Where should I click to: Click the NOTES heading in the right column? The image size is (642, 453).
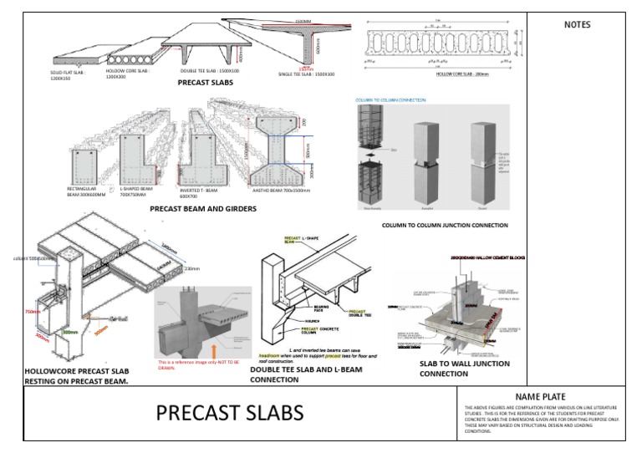click(578, 25)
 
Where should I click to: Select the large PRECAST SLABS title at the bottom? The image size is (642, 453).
click(231, 413)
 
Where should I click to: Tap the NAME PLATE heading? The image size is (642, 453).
click(540, 396)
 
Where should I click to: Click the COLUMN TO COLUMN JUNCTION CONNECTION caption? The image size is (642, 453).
click(444, 225)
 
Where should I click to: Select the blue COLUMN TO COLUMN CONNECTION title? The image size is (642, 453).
click(390, 99)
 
